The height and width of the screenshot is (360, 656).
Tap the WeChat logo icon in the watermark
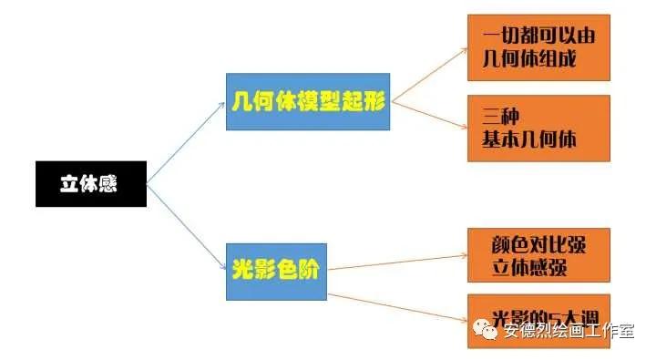[487, 330]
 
